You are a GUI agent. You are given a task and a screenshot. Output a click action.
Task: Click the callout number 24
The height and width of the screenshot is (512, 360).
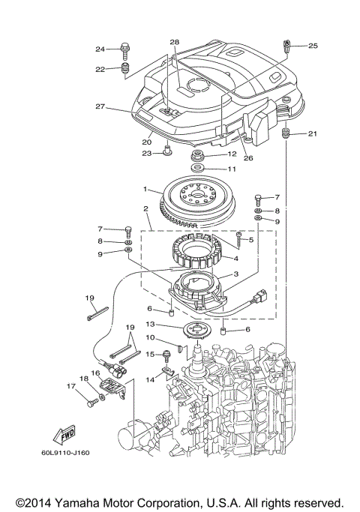(x=99, y=49)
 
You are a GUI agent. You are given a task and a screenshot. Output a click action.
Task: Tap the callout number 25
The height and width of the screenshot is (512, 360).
(x=313, y=46)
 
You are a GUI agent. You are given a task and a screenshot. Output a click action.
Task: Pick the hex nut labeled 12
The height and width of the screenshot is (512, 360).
(x=199, y=156)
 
